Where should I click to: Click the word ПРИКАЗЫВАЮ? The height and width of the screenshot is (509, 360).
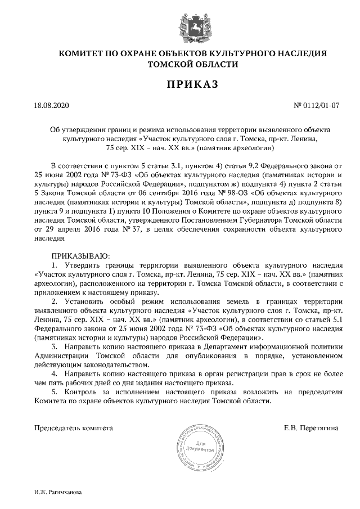73,256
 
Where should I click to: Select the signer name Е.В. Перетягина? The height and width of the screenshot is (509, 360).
312,428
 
